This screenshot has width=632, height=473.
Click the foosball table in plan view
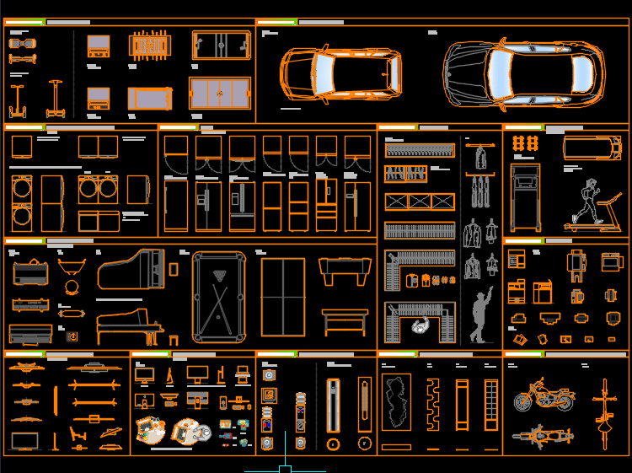(x=149, y=46)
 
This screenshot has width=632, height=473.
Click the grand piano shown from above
(x=130, y=271)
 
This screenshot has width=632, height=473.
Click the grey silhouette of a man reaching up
(x=480, y=316)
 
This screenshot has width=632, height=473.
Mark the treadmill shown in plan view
(x=592, y=147)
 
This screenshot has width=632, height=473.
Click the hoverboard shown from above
(x=22, y=41)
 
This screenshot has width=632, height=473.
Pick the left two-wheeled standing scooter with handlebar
(x=17, y=101)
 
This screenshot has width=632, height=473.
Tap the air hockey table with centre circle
(x=222, y=45)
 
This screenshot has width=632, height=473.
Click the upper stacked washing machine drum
(x=23, y=189)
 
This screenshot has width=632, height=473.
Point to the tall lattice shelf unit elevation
(x=489, y=405)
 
